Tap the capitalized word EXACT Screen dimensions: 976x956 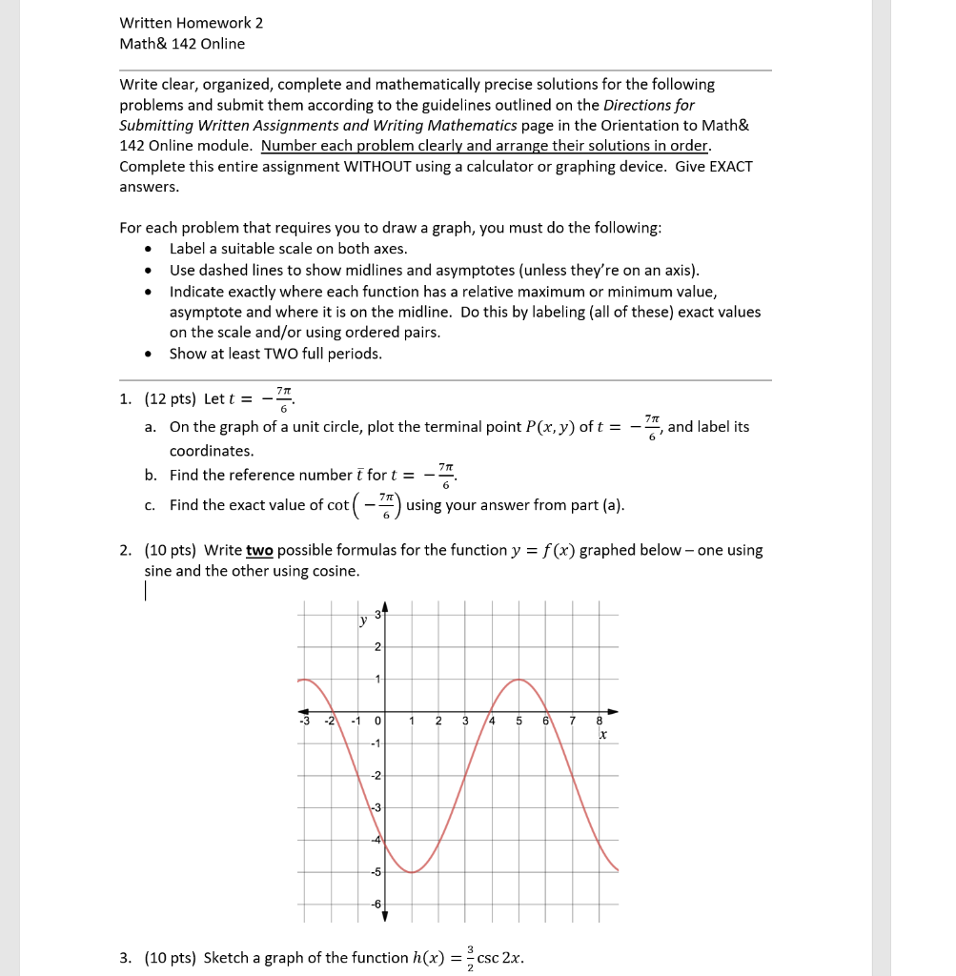[731, 166]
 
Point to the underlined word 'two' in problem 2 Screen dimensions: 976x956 [259, 550]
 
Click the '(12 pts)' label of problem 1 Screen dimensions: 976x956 [172, 399]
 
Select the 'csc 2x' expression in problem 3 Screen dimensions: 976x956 [499, 957]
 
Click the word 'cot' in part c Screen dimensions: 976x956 [338, 504]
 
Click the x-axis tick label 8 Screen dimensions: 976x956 [600, 721]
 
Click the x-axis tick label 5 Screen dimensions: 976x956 [519, 721]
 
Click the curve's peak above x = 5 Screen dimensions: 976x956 [519, 680]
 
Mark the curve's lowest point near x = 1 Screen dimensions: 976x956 [412, 872]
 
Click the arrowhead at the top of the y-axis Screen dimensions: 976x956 [385, 608]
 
